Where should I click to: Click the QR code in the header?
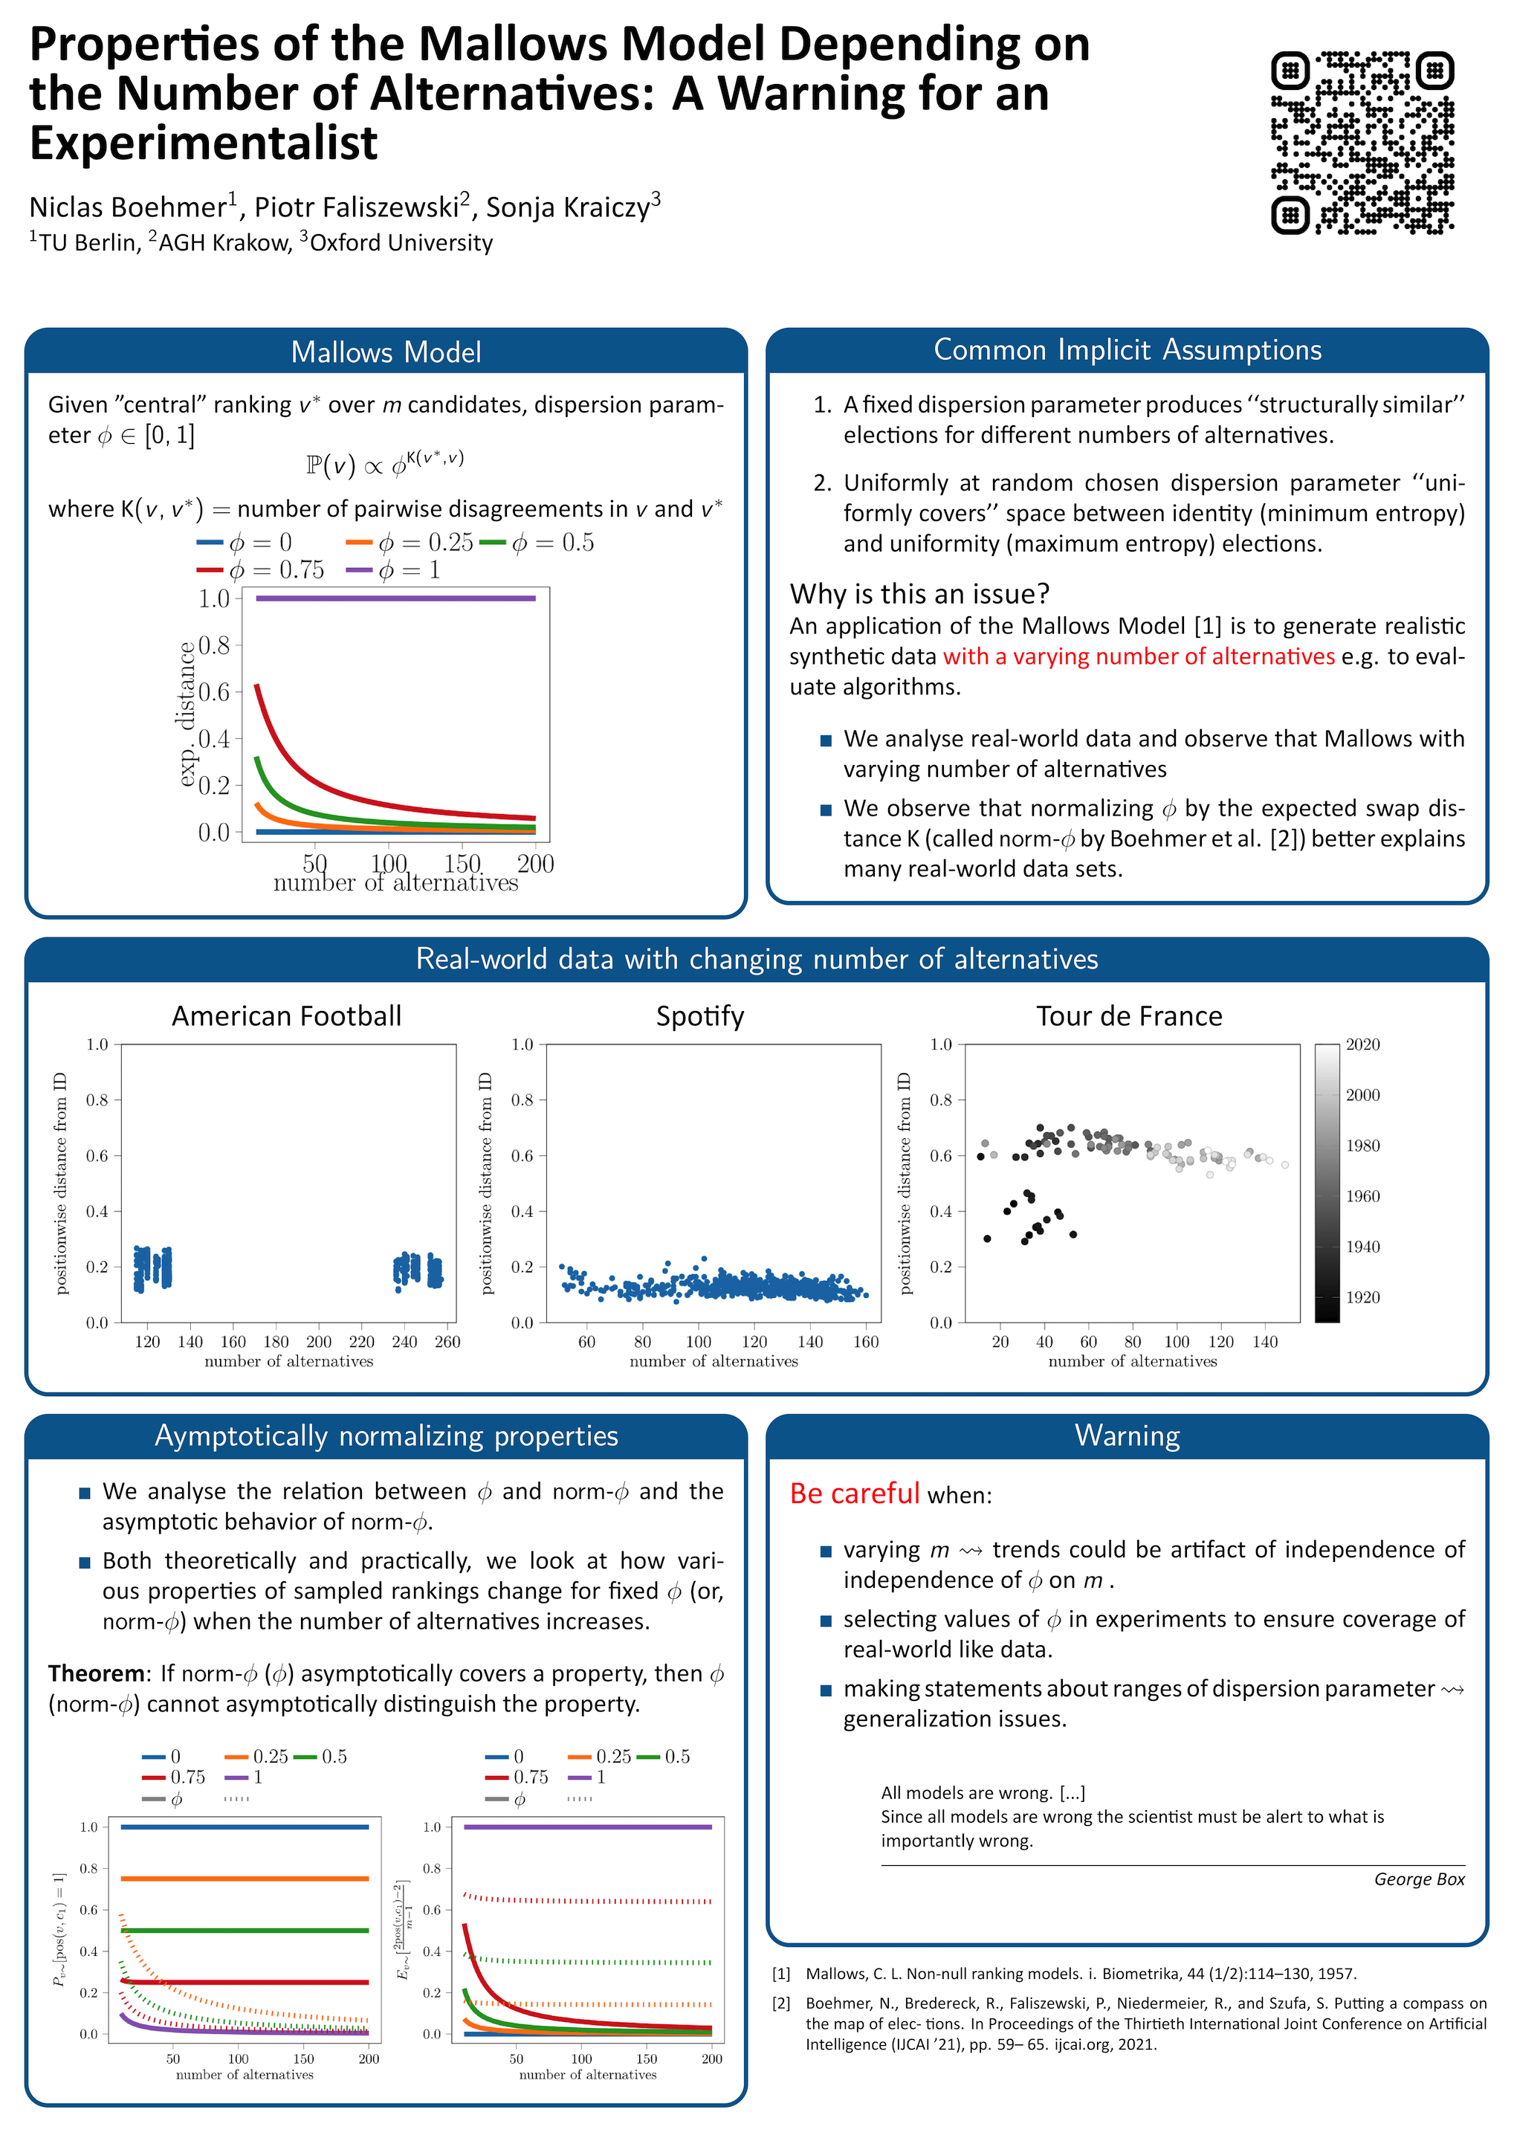click(1362, 142)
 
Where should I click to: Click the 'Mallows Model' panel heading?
click(386, 352)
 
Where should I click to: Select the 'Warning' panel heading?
click(1127, 1435)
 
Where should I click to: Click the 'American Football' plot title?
click(286, 1015)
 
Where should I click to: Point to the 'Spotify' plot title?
click(699, 1015)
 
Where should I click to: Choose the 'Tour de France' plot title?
click(1129, 1015)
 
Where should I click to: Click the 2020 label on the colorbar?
click(1362, 1044)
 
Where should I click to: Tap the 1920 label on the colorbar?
click(1362, 1297)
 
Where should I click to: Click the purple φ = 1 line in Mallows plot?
click(395, 598)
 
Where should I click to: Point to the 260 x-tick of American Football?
click(447, 1342)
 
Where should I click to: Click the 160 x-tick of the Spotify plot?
click(866, 1342)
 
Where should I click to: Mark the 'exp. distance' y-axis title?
click(187, 714)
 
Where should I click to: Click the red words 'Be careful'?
click(854, 1493)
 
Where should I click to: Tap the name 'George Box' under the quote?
click(1419, 1879)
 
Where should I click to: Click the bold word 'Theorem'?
click(96, 1673)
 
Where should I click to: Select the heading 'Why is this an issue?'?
click(919, 594)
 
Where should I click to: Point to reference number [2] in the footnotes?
click(781, 2003)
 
